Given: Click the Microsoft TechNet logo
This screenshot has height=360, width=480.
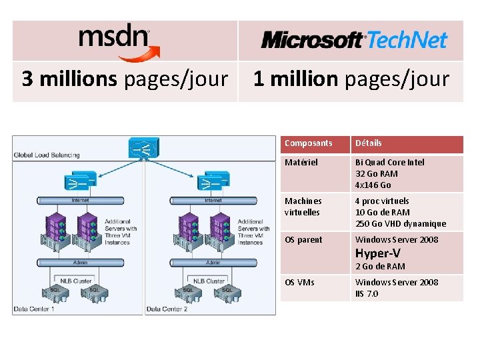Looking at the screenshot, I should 353,40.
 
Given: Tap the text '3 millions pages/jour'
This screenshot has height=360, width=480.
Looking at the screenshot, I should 125,79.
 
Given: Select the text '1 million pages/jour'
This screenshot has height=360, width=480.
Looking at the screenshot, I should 351,79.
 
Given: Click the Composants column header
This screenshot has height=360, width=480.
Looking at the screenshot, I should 308,143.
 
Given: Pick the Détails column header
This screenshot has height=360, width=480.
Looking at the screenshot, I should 369,143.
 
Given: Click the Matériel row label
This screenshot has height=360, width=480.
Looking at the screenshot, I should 301,162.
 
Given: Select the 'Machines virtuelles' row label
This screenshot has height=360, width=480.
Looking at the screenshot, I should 303,207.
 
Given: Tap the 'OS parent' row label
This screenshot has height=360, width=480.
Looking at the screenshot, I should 303,240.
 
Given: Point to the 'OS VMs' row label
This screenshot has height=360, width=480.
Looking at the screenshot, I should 299,283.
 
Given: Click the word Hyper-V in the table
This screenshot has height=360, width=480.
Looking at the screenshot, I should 377,253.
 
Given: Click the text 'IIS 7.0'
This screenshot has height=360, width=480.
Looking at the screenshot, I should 367,294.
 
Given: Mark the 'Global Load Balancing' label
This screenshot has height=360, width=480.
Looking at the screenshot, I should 47,155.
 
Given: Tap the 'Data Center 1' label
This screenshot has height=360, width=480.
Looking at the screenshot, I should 34,309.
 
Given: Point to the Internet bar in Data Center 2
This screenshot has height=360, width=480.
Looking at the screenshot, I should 213,200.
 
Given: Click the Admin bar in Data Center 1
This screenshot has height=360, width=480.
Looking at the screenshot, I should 80,263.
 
